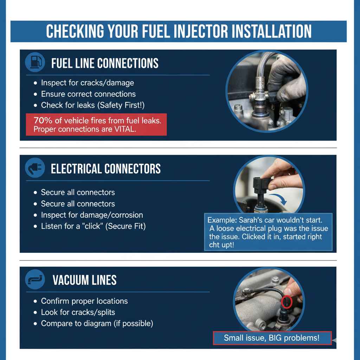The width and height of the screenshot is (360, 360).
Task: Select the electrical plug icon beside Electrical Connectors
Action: coord(35,169)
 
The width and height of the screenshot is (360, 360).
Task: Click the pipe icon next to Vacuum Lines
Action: coord(35,280)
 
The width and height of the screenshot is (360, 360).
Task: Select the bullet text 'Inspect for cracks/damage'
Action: coord(87,83)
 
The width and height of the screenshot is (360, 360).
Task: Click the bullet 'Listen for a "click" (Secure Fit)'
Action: coord(93,226)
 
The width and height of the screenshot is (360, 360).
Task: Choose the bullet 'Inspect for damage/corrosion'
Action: coord(92,215)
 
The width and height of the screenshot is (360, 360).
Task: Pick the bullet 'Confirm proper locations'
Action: coord(84,301)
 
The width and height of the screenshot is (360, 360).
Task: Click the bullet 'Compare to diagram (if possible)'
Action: coord(97,323)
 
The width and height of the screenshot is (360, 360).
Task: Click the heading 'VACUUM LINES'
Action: coord(84,280)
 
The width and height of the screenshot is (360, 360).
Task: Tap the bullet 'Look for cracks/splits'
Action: coord(78,312)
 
